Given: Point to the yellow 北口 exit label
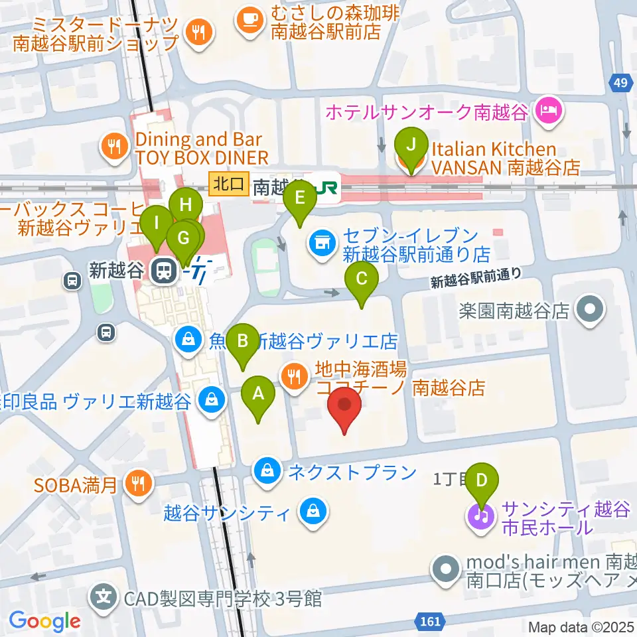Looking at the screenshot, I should pyautogui.click(x=229, y=184).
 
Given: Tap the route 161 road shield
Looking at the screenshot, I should pyautogui.click(x=430, y=622).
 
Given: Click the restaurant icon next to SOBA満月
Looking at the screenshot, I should pyautogui.click(x=137, y=484).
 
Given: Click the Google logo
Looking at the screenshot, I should pyautogui.click(x=44, y=622).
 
